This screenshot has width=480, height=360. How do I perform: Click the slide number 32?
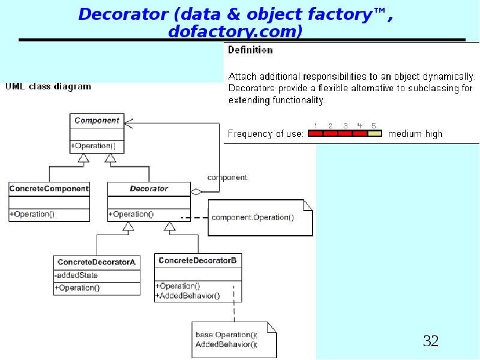click(431, 341)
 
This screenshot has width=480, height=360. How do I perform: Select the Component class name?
click(97, 121)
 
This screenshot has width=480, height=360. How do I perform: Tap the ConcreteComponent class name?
click(49, 188)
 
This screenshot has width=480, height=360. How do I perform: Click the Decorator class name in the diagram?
click(149, 188)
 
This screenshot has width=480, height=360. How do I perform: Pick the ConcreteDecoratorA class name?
click(96, 262)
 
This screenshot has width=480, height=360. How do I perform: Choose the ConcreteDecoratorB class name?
click(197, 260)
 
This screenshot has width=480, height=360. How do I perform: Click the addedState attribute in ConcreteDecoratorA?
click(76, 275)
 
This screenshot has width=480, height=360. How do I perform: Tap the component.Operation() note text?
click(253, 217)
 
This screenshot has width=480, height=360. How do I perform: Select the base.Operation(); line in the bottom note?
click(226, 334)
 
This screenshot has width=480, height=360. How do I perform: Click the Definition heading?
click(250, 50)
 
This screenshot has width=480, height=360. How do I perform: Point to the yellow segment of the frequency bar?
click(374, 134)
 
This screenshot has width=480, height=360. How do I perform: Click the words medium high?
click(415, 134)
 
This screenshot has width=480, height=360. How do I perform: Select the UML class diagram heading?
click(49, 86)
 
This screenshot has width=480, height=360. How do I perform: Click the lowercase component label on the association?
click(227, 178)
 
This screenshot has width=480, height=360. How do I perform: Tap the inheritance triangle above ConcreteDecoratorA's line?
click(127, 226)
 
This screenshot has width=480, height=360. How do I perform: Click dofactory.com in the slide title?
click(235, 31)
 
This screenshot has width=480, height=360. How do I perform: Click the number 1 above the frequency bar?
click(316, 125)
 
